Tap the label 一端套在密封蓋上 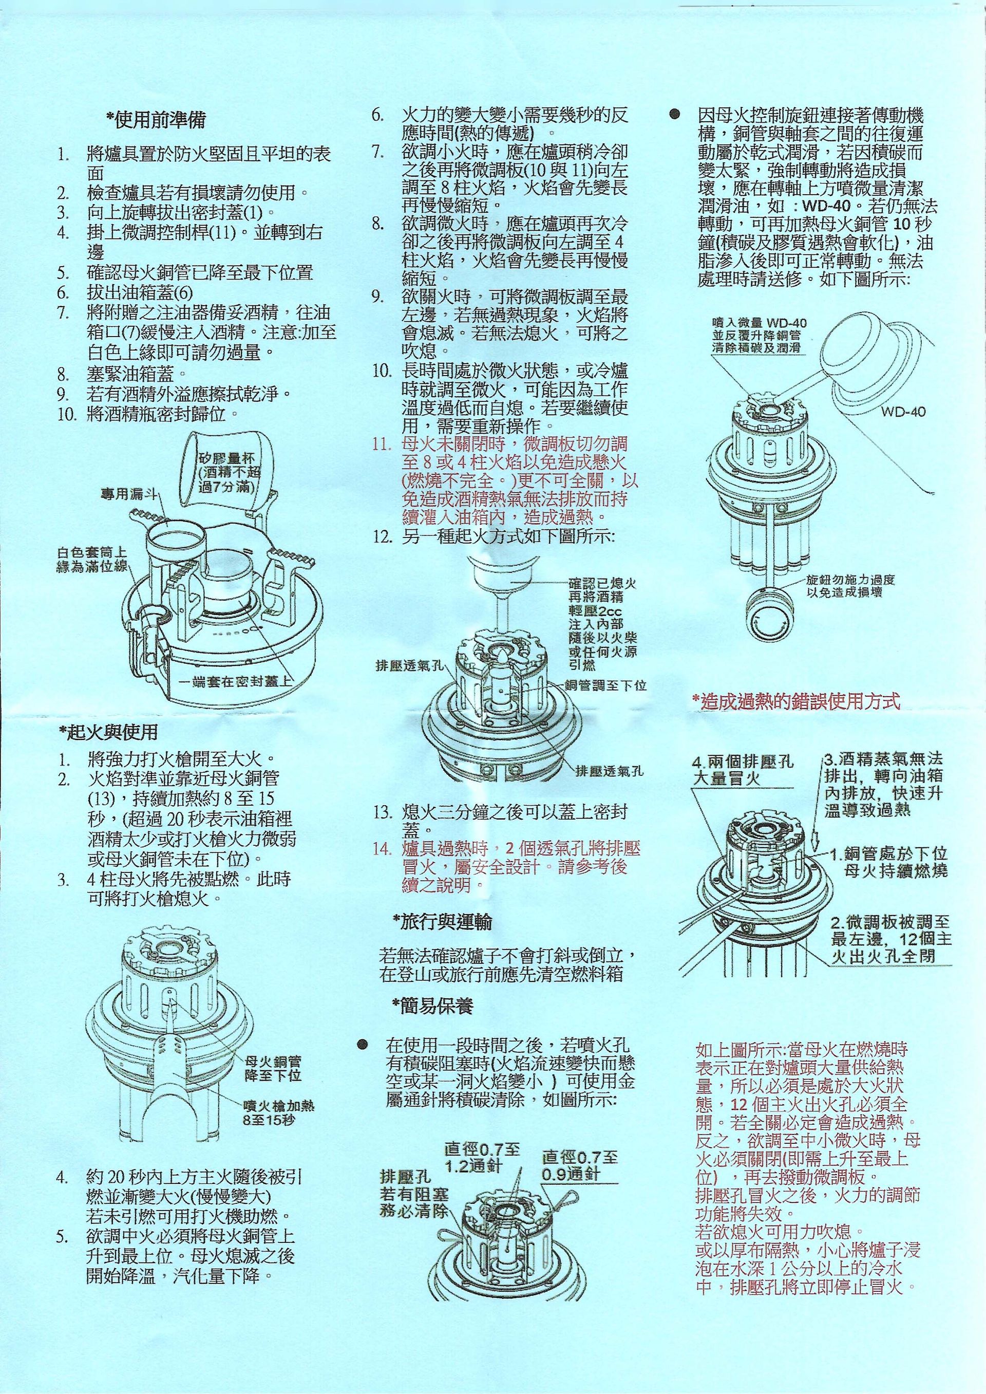(237, 682)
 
